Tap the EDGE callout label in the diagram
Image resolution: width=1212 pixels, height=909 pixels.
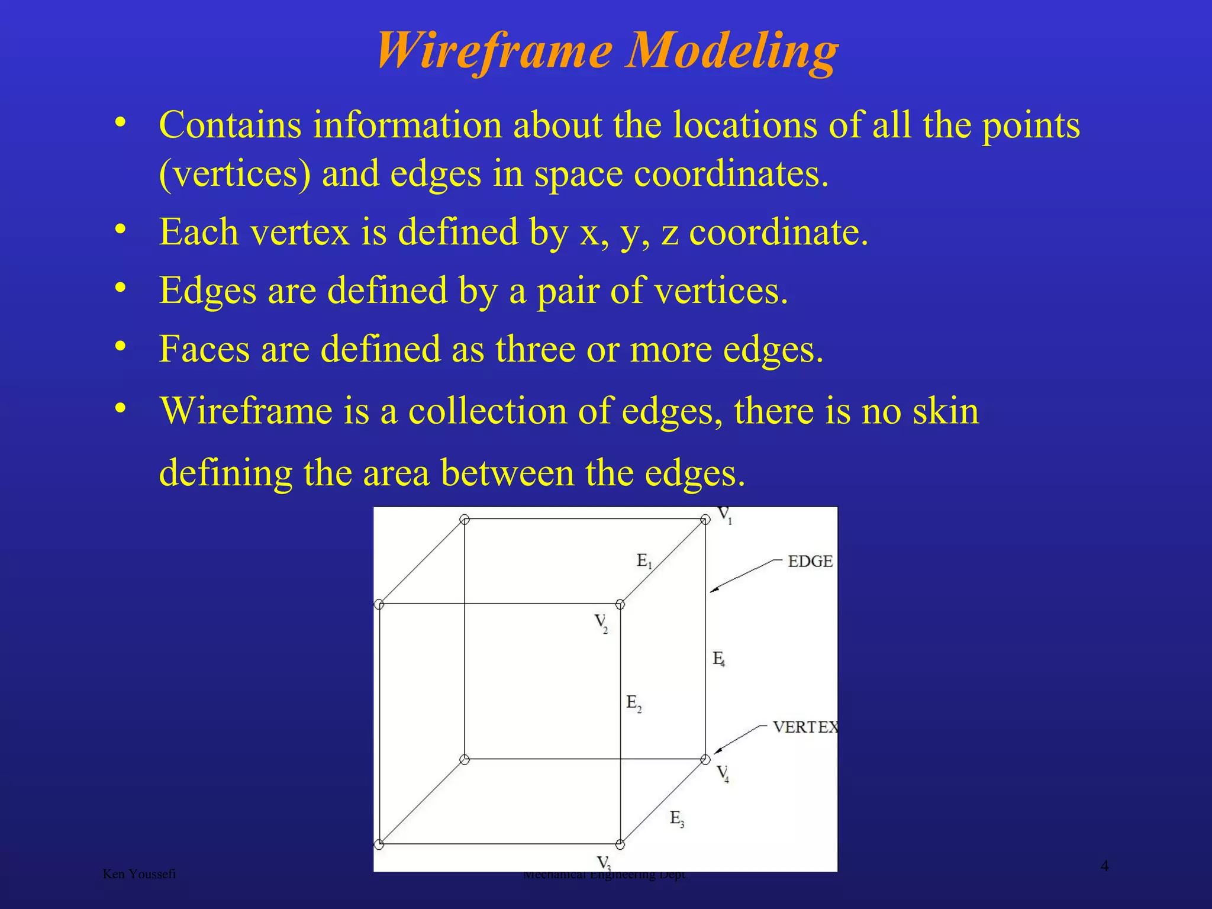click(x=810, y=561)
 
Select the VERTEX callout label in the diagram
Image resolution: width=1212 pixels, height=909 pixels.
click(x=805, y=727)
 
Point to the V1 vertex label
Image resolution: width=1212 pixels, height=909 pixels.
click(x=725, y=515)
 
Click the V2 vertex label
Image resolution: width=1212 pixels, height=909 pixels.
click(x=601, y=623)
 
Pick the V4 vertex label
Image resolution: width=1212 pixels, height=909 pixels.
click(x=723, y=773)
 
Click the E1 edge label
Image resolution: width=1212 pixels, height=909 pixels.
click(x=644, y=560)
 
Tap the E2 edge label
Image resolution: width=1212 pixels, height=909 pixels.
click(x=633, y=703)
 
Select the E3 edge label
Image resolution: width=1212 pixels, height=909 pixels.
click(x=676, y=818)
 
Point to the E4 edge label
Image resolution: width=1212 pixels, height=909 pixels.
click(x=718, y=658)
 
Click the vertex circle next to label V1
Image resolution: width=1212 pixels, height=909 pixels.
click(x=705, y=520)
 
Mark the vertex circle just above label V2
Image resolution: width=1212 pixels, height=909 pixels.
click(x=620, y=604)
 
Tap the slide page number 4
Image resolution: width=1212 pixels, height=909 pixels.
click(x=1104, y=866)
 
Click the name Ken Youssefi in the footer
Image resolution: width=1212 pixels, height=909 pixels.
click(x=139, y=873)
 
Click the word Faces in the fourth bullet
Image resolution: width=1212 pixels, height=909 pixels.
click(x=204, y=349)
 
